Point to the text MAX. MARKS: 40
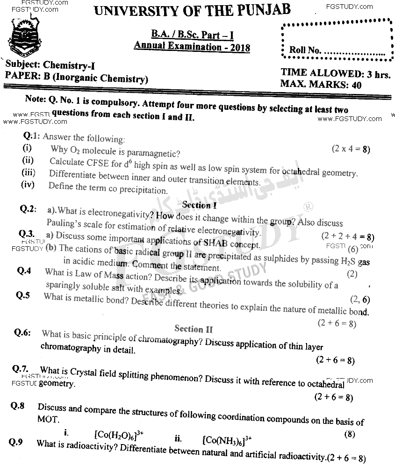click(x=314, y=85)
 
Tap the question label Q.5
click(x=23, y=295)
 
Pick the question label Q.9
click(x=16, y=442)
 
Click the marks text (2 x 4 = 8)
click(x=351, y=149)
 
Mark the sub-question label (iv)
click(x=29, y=185)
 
